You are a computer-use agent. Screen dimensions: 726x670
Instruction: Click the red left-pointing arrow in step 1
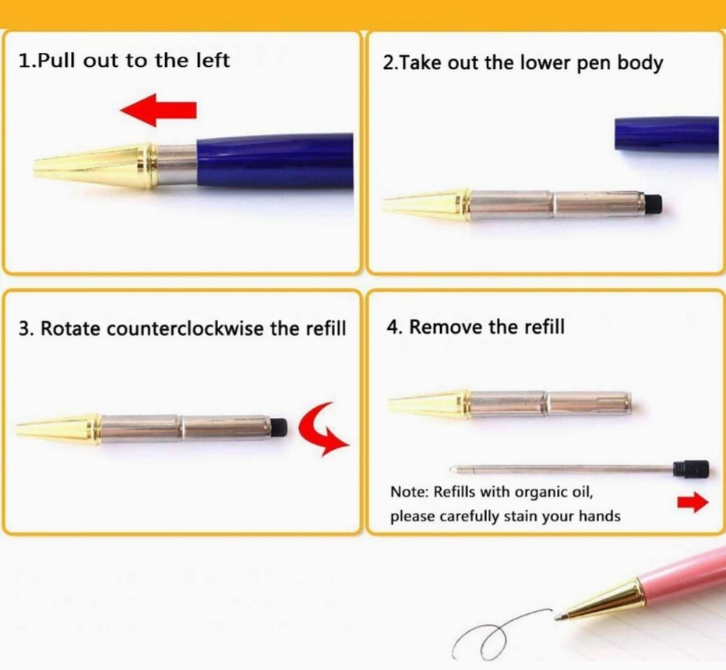tap(158, 110)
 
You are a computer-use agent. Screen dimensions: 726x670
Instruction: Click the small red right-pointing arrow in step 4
tap(693, 503)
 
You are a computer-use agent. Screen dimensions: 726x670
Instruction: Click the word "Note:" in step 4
tap(409, 492)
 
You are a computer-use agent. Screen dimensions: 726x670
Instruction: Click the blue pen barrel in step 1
tap(275, 160)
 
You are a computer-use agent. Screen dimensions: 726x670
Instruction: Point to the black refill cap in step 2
tap(653, 204)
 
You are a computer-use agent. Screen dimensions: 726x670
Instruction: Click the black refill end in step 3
tap(279, 427)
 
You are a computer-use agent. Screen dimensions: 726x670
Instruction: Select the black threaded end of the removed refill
tap(691, 469)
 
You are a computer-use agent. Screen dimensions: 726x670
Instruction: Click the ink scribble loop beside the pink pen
tap(491, 636)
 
